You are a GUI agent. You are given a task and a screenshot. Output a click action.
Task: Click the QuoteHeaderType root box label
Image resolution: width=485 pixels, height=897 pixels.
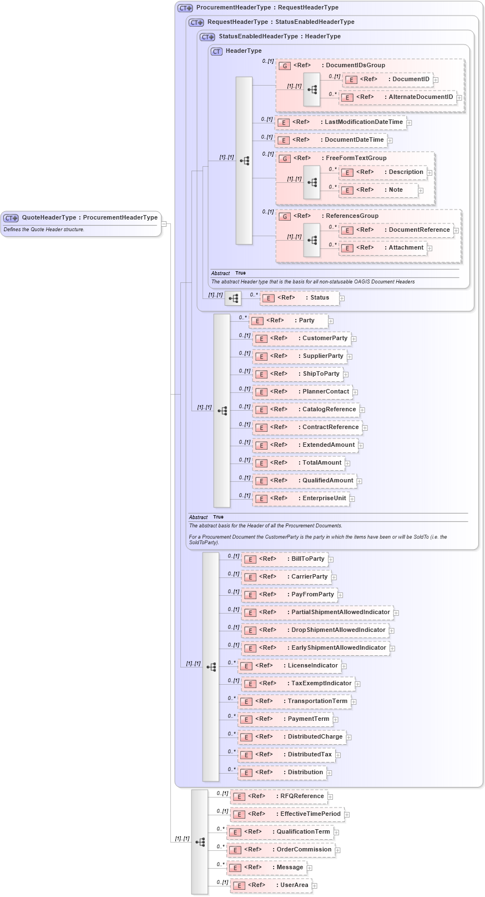click(89, 218)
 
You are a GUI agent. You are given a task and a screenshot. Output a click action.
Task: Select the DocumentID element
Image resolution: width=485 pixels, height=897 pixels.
click(410, 79)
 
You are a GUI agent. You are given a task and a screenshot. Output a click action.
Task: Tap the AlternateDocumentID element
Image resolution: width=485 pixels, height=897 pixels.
click(420, 97)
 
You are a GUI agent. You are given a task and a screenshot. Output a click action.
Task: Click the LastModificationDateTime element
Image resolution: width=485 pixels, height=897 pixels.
click(363, 122)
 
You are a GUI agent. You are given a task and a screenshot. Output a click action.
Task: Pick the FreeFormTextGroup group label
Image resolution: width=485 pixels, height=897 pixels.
click(356, 158)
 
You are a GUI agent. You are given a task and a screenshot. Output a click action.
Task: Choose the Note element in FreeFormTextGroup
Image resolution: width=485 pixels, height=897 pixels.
click(395, 190)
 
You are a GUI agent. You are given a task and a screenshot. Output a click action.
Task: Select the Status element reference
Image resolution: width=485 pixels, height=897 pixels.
click(319, 298)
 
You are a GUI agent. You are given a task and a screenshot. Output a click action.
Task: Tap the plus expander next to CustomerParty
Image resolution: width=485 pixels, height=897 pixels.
click(353, 339)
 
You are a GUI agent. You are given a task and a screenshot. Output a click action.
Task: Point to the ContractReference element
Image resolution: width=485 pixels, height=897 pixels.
click(330, 427)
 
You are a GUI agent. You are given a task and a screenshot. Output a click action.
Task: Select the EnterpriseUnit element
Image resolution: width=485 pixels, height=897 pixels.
click(324, 499)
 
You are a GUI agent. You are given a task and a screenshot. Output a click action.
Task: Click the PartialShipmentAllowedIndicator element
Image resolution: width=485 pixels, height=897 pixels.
click(340, 612)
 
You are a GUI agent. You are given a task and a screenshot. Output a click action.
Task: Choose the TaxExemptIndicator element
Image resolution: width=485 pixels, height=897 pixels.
click(321, 684)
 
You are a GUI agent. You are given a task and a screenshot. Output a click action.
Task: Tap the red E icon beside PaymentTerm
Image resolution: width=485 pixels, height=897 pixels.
click(246, 720)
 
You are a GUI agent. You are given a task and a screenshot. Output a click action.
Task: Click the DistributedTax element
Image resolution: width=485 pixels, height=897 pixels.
click(309, 755)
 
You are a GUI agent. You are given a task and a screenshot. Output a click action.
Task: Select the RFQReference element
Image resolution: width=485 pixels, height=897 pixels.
click(301, 796)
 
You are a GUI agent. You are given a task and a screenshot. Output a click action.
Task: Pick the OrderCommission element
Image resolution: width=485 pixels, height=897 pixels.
click(304, 850)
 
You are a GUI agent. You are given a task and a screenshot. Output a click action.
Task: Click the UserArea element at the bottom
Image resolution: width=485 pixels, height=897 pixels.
click(294, 885)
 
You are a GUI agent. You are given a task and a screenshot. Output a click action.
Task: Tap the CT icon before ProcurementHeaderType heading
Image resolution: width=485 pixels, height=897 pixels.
click(185, 8)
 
